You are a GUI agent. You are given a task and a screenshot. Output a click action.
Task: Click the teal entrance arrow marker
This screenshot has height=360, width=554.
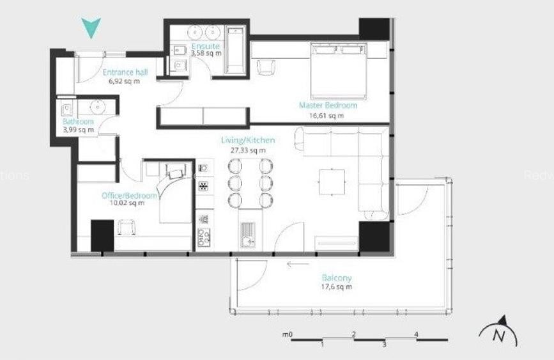coord(91,28)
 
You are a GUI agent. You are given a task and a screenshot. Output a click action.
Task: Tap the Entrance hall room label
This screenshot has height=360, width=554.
coord(125,73)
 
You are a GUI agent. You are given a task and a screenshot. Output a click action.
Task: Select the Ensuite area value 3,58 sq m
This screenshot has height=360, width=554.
coord(206,54)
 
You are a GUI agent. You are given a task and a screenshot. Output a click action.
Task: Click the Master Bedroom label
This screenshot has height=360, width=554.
coord(328,106)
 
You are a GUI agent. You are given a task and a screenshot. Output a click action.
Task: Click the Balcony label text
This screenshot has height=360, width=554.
coord(337,278)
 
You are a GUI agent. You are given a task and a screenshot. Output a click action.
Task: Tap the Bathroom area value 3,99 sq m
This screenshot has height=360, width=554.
coord(78,130)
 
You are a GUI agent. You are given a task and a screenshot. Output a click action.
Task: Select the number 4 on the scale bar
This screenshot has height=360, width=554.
coord(416,334)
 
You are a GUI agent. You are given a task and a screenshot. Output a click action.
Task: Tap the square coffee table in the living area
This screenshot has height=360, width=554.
coord(332,182)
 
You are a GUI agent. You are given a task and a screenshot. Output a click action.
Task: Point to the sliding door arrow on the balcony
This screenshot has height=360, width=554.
coord(297,263)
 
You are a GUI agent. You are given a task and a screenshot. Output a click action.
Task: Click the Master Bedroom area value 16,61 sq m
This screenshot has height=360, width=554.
coord(326,116)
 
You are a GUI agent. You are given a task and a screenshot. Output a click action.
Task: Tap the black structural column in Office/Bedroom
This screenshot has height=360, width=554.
coord(102,235)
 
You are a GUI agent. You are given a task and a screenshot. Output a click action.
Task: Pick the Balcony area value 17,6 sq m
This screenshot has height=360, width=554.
coord(337,287)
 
